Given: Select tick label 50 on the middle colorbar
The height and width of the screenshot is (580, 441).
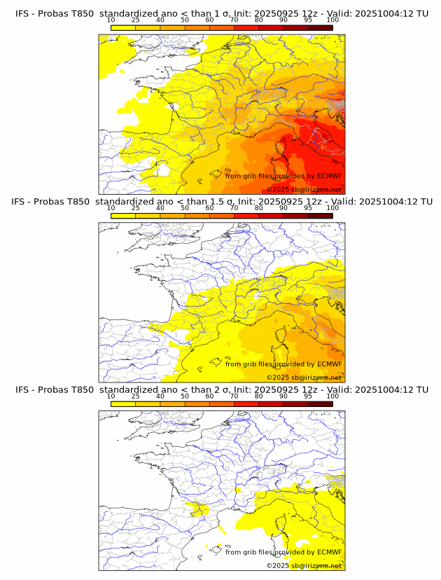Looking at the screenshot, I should [185, 208].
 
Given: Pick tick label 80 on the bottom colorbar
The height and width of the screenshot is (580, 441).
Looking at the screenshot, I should [259, 396].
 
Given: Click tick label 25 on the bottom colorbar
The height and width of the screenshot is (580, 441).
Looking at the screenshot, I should [135, 396].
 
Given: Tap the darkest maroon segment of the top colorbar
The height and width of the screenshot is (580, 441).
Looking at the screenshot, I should [320, 27].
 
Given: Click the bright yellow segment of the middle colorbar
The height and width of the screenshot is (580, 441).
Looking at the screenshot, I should [122, 215].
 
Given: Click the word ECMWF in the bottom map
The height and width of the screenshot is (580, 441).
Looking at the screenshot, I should [329, 552].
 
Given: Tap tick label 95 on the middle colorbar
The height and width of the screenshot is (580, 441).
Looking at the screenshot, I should [308, 208].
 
